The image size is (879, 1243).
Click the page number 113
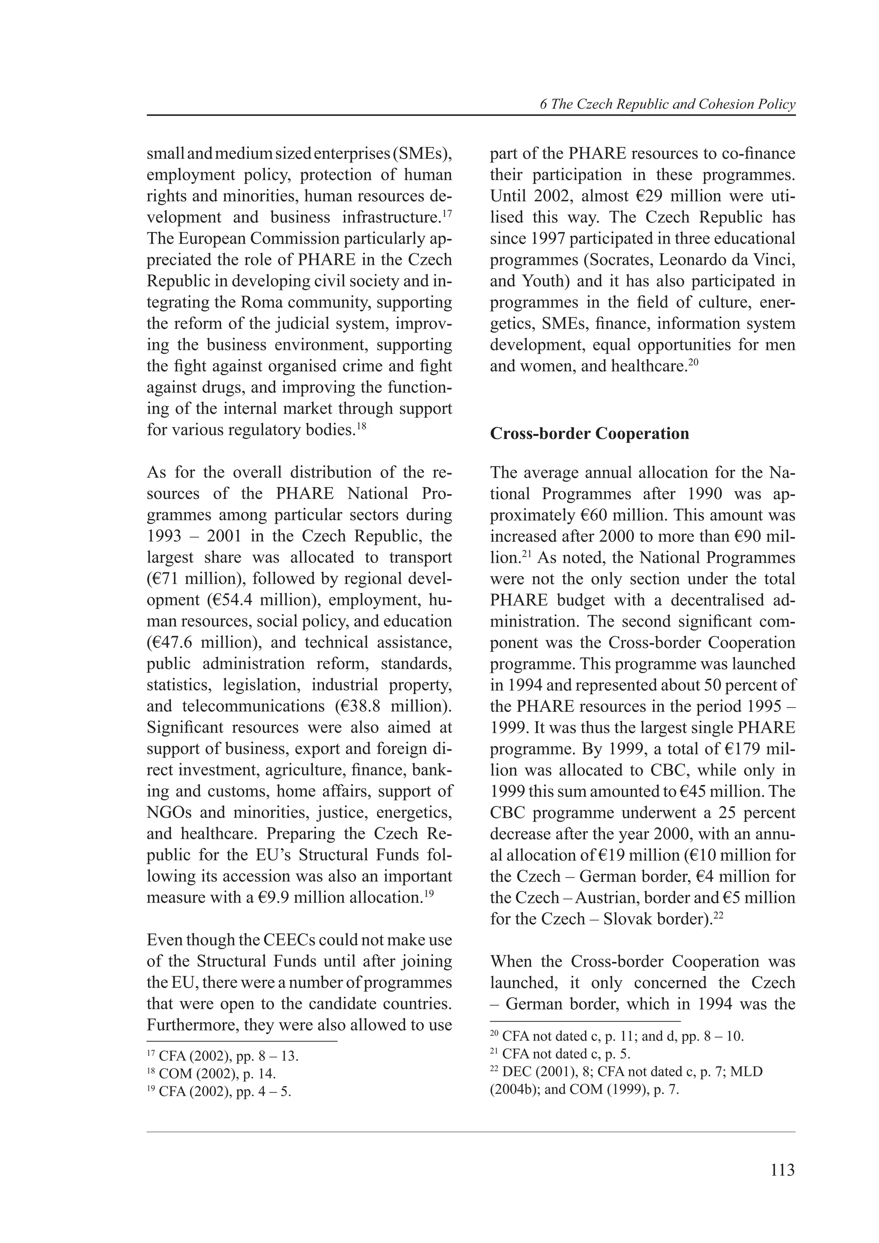coord(782,1171)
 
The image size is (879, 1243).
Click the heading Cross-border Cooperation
coord(589,434)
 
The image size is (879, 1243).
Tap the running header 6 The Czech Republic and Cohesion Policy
coord(667,105)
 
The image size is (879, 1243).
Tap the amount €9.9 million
coord(283,898)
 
